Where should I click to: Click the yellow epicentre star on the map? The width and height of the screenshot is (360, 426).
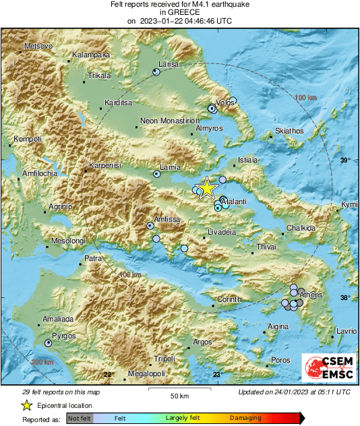(x=207, y=188)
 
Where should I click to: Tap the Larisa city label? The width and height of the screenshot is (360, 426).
(x=167, y=65)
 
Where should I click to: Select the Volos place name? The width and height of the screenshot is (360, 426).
(x=225, y=102)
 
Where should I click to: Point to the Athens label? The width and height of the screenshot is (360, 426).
(x=311, y=295)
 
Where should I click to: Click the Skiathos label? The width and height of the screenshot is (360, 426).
(x=290, y=131)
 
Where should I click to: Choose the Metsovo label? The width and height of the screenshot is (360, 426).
(x=38, y=46)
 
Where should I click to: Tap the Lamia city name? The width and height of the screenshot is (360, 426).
(x=169, y=167)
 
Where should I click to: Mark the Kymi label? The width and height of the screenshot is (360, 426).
(x=349, y=204)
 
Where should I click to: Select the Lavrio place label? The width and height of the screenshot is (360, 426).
(x=347, y=331)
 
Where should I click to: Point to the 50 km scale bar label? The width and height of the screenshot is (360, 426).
(x=179, y=395)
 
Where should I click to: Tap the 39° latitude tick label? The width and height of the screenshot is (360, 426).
(x=345, y=160)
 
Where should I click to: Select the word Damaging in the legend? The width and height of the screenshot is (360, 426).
(x=245, y=418)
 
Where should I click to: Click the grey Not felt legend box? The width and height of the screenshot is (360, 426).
(x=80, y=419)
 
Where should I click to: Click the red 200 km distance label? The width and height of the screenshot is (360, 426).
(x=42, y=362)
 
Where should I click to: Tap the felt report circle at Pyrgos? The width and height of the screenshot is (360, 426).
(x=49, y=343)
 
